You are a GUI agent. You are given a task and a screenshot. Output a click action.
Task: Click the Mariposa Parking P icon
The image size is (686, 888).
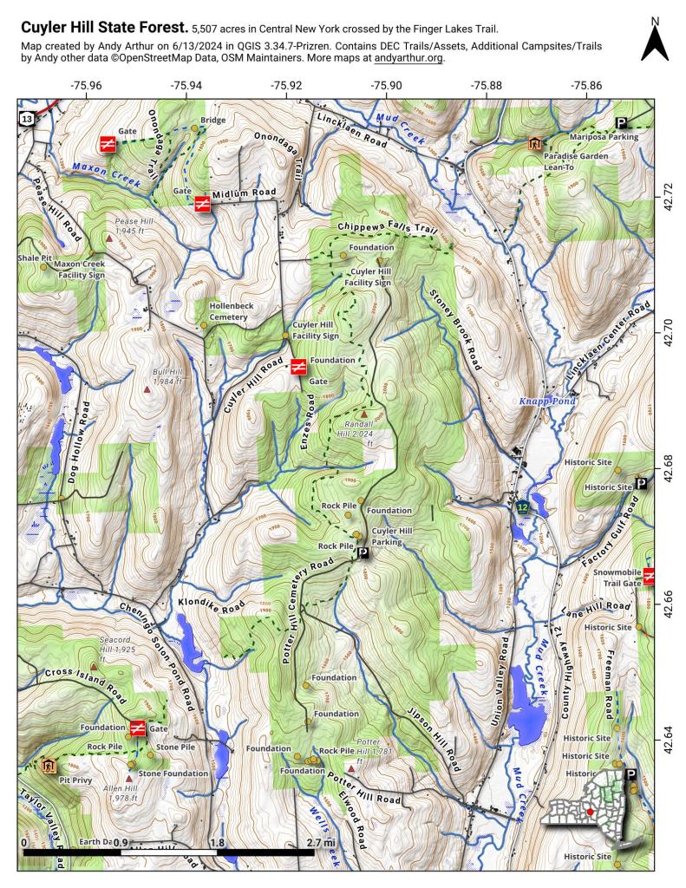621,123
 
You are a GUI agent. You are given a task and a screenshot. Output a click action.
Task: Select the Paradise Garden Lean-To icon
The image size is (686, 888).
534,144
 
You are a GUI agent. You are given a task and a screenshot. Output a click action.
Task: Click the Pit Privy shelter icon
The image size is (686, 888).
49,765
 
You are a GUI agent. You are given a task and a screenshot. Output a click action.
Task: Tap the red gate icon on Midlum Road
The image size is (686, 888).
201,205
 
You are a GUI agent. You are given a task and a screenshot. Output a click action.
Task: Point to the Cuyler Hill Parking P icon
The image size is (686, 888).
363,552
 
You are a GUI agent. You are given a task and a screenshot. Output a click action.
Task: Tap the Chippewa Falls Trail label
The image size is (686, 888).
382,228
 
